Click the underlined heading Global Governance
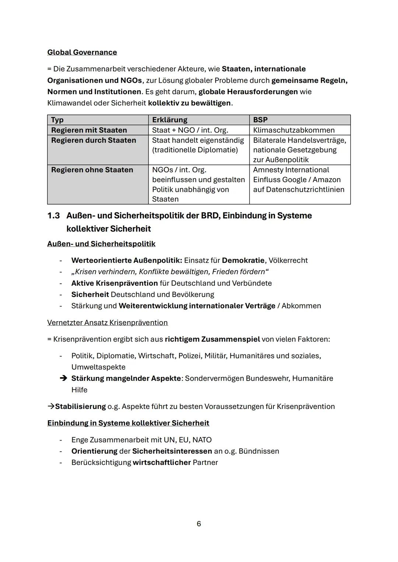[82, 52]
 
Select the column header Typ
[57, 120]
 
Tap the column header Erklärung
[170, 120]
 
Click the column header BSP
[260, 120]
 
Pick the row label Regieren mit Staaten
[89, 130]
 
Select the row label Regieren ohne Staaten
[92, 170]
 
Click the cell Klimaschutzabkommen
[294, 130]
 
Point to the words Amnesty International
[291, 170]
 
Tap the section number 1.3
[53, 216]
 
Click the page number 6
[199, 524]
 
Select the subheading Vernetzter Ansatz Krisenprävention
[107, 323]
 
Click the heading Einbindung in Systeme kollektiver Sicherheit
[128, 423]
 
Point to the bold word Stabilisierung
[80, 407]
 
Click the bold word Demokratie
[243, 261]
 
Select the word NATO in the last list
[202, 440]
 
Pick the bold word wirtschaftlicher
[161, 463]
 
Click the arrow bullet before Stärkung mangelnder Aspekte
[63, 379]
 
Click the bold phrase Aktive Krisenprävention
[114, 283]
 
